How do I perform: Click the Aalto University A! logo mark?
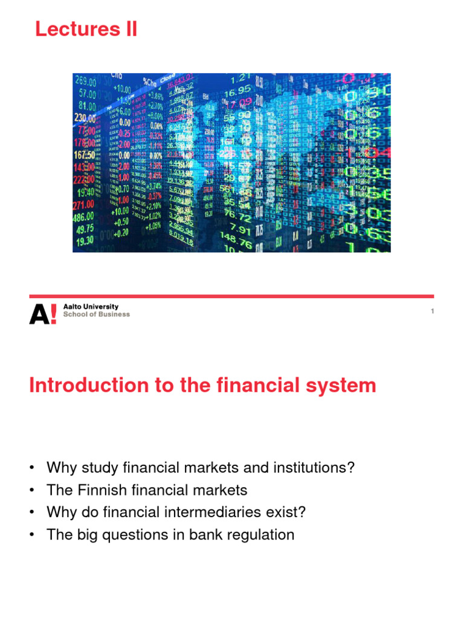coord(43,314)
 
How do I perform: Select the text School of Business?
coord(97,314)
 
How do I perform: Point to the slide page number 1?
coord(433,311)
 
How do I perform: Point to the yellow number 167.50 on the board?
coord(84,154)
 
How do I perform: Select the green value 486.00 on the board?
coord(84,217)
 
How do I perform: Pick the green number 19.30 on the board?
coord(84,240)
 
